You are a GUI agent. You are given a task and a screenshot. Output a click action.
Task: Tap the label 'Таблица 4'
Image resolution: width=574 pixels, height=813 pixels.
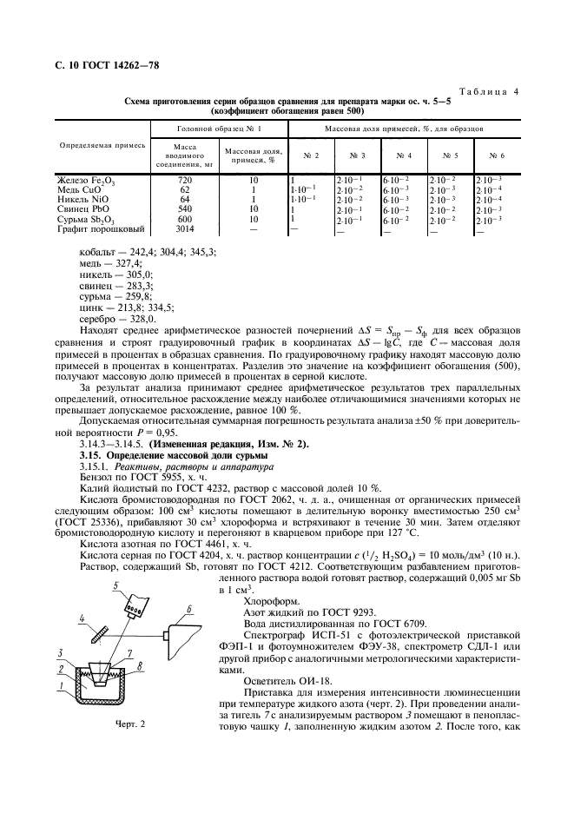pos(489,91)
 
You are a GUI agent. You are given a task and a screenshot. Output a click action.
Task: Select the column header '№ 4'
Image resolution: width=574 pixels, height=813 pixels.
pos(402,156)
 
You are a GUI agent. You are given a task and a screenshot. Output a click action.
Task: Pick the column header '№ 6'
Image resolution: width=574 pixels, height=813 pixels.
pos(496,156)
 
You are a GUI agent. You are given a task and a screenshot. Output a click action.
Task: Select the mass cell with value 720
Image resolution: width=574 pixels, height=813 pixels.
pos(184,179)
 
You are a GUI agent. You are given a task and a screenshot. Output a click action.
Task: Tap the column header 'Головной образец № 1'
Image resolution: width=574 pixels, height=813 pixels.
pos(219,129)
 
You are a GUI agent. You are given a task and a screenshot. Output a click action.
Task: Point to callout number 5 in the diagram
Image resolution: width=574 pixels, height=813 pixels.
pos(115,588)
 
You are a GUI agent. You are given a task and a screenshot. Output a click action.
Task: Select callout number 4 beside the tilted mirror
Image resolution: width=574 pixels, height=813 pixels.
pos(82,619)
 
